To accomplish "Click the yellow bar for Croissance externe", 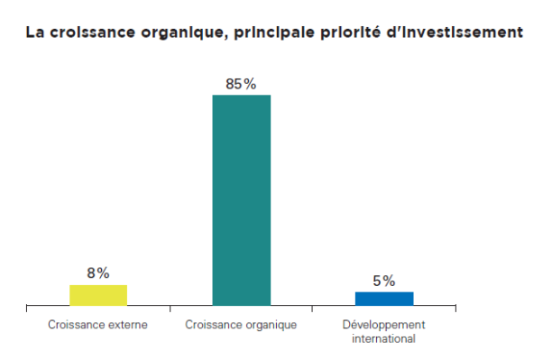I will coord(98,295).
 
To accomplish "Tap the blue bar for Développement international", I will coord(384,299).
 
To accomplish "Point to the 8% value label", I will coord(98,272).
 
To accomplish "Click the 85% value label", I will coord(241,84).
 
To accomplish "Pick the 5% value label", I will coord(384,281).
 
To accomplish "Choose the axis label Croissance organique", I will coord(241,325).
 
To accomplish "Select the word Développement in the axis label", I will coord(384,324).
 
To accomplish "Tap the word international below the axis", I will coord(384,339).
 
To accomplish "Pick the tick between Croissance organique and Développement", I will coord(312,310).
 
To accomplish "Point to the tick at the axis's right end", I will coord(455,310).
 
